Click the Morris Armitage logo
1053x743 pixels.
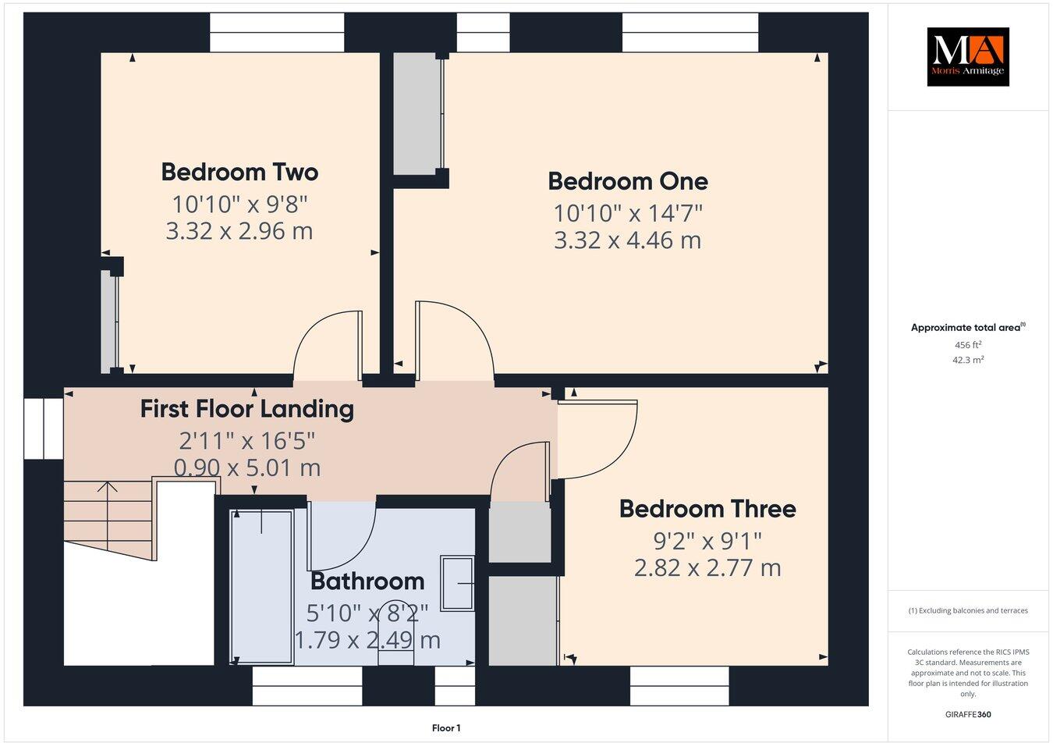[x=967, y=57]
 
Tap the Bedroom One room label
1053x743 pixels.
[x=628, y=181]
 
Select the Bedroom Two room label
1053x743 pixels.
[x=239, y=172]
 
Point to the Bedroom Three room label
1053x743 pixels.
[x=707, y=509]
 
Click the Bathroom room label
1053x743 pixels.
[x=367, y=581]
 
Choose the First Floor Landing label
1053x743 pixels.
[x=246, y=409]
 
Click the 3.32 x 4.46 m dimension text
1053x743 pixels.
[x=627, y=240]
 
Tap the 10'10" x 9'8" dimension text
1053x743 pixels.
[x=239, y=204]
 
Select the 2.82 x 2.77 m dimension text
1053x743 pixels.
[x=707, y=567]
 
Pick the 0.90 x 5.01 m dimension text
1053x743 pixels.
[x=246, y=467]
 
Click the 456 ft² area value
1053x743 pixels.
[x=968, y=344]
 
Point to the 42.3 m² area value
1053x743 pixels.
[x=969, y=360]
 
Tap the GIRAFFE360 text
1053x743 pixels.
[x=967, y=713]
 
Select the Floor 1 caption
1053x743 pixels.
[x=446, y=728]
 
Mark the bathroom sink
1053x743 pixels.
[x=457, y=583]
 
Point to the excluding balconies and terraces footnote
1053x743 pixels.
[x=968, y=610]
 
